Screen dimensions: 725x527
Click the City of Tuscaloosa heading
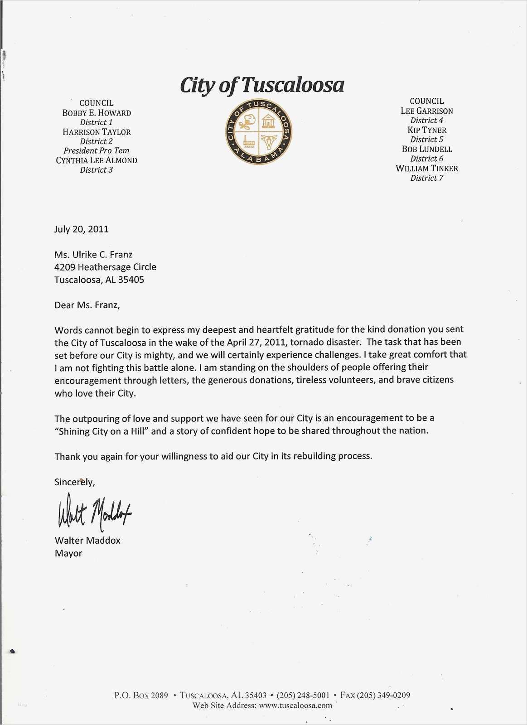[x=262, y=85]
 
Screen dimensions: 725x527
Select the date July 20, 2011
[x=82, y=229]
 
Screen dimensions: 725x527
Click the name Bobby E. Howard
[x=97, y=113]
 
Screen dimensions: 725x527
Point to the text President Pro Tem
[x=97, y=151]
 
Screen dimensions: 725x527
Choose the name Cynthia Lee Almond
[x=97, y=160]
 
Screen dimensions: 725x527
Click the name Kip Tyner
[x=426, y=130]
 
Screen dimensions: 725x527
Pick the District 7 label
[x=426, y=178]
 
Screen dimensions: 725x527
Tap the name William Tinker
[x=426, y=169]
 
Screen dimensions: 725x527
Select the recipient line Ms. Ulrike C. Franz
[x=93, y=254]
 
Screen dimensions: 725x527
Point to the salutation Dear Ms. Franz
[x=87, y=305]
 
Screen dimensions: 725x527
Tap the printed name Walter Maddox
[x=87, y=540]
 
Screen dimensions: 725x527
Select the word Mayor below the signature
[x=68, y=553]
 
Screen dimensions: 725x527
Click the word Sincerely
[x=74, y=482]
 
